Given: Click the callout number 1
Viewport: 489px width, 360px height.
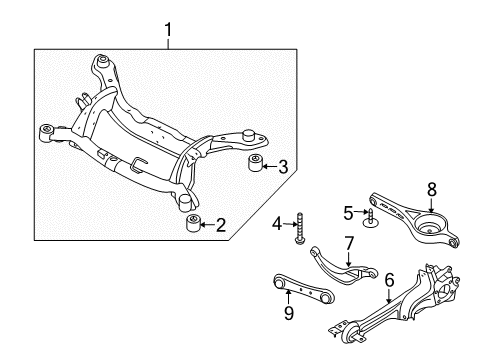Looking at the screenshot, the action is pos(168,30).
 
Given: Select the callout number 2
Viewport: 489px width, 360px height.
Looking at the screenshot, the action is pos(221,225).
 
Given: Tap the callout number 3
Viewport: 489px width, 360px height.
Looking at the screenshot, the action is pos(283,167).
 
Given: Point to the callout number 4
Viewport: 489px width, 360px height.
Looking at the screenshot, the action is pos(277,224).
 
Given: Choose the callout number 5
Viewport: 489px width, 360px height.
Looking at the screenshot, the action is pos(348,213).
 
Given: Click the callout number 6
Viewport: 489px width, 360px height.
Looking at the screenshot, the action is pos(389,280).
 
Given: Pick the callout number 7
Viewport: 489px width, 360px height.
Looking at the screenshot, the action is pos(348,244).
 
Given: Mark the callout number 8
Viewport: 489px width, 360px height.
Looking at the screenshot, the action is pos(432,190).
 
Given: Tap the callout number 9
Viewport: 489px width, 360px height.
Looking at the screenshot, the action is pos(289,313).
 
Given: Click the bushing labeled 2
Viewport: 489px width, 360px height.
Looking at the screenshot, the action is pos(192,223).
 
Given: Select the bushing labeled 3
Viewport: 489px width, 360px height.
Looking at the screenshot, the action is pos(256,162).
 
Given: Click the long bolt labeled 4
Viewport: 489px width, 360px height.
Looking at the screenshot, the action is pos(299,229).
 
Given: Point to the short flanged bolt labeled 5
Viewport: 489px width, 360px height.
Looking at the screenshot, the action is pos(370,218).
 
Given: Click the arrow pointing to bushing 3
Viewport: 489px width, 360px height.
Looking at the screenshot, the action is pos(270,166).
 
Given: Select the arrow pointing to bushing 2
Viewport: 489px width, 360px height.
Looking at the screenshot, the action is pos(207,225).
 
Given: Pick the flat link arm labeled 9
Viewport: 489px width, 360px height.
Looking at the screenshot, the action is pos(303,289).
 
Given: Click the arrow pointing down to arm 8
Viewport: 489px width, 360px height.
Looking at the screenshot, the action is pos(431,205).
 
